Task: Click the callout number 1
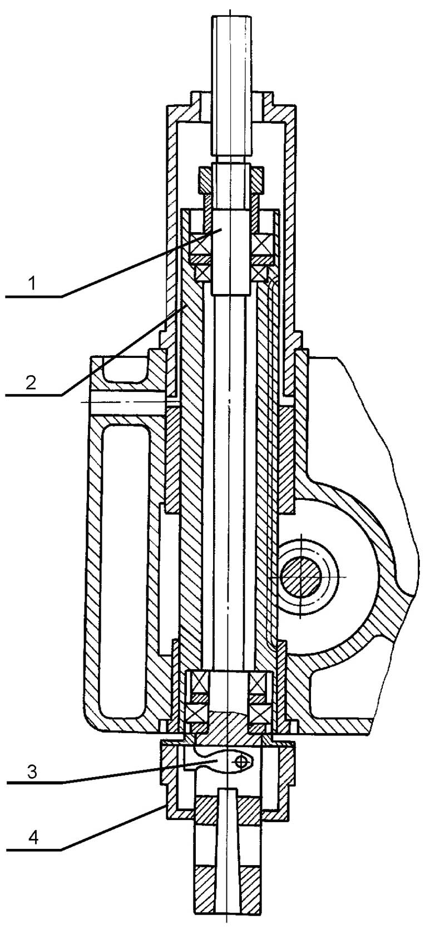point(32,284)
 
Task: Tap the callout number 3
point(32,772)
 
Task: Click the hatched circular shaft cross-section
point(301,577)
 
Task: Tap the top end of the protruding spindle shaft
point(231,17)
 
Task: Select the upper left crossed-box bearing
point(200,244)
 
